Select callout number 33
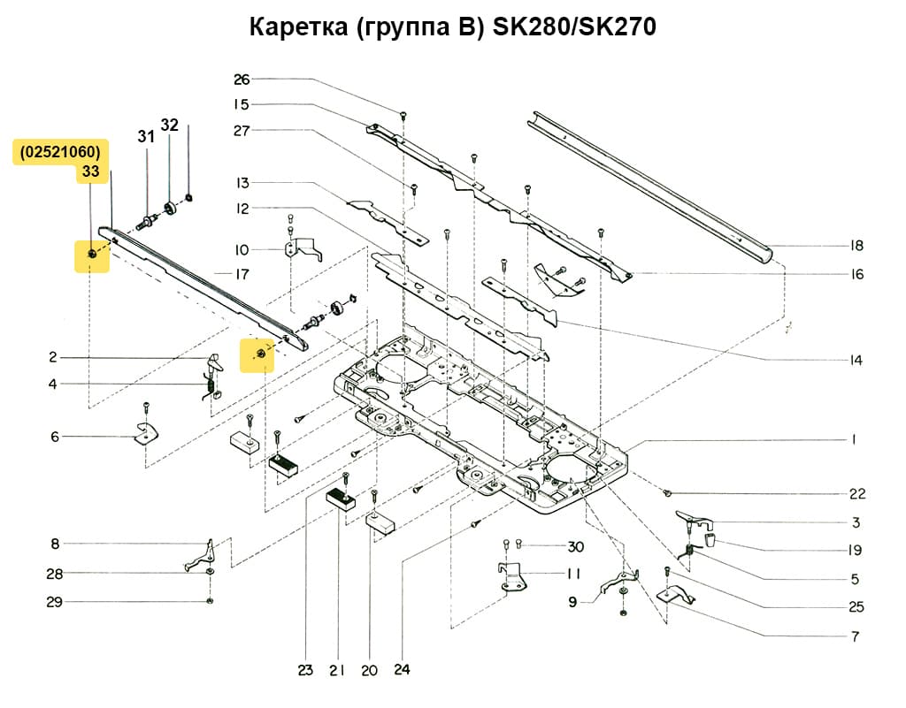tap(90, 172)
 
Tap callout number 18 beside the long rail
tap(856, 246)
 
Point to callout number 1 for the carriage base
tap(855, 438)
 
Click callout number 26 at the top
tap(242, 80)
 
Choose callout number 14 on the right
tap(856, 361)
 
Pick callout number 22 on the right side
tap(856, 493)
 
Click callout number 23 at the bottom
tap(305, 671)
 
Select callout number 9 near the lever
tap(572, 602)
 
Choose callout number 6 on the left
tap(54, 437)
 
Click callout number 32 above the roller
tap(169, 125)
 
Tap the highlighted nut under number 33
tap(92, 255)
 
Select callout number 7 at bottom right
tap(855, 636)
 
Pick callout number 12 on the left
tap(242, 209)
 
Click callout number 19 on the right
tap(855, 550)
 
